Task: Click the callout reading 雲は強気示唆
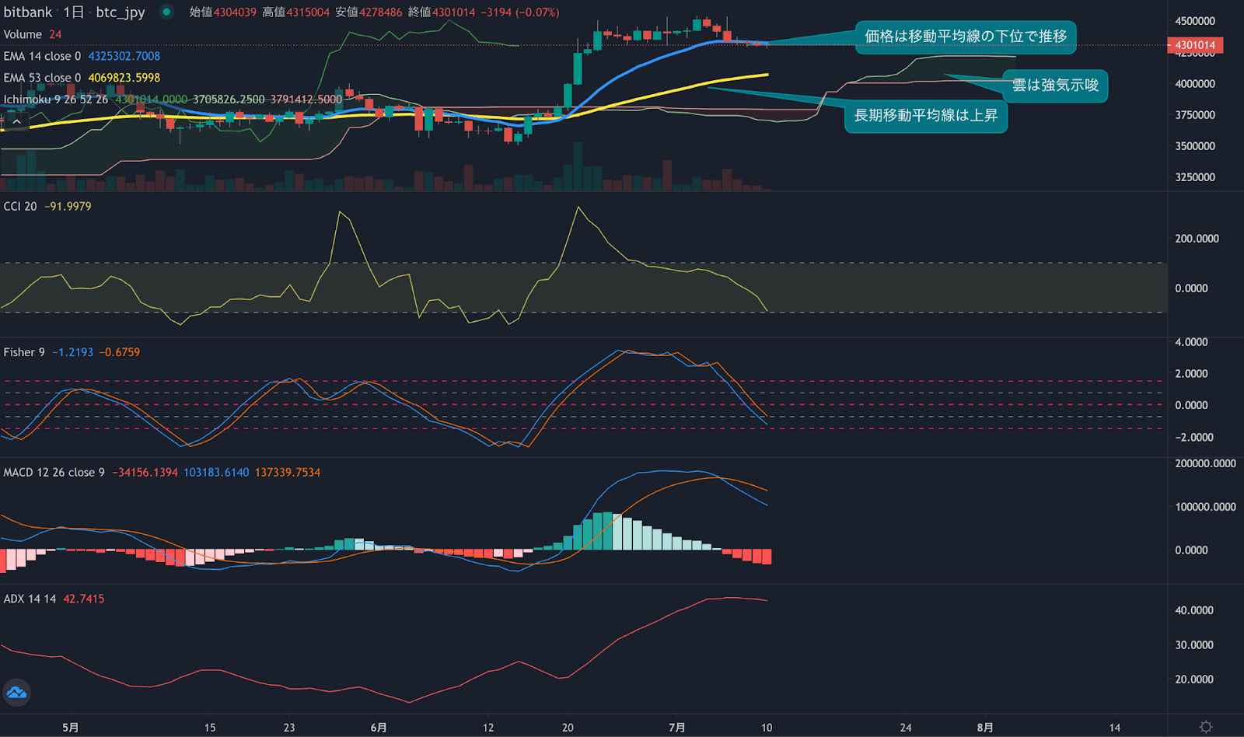click(1055, 86)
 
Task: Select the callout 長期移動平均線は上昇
click(925, 116)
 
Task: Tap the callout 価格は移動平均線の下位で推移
click(966, 37)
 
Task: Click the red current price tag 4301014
click(1195, 45)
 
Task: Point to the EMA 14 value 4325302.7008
click(124, 56)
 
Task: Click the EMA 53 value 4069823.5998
click(124, 78)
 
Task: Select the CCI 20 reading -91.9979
click(68, 206)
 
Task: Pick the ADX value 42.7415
click(83, 599)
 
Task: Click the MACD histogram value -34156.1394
click(145, 472)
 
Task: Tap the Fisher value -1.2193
click(73, 352)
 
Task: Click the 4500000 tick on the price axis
click(1195, 21)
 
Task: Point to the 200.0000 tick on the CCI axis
click(1197, 239)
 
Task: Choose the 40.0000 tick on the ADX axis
click(1194, 610)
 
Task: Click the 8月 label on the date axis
click(985, 728)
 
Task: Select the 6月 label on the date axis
click(379, 728)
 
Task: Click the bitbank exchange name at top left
click(28, 12)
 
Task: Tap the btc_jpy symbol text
click(121, 12)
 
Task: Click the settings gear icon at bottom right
click(1206, 727)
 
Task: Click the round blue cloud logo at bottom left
click(16, 692)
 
